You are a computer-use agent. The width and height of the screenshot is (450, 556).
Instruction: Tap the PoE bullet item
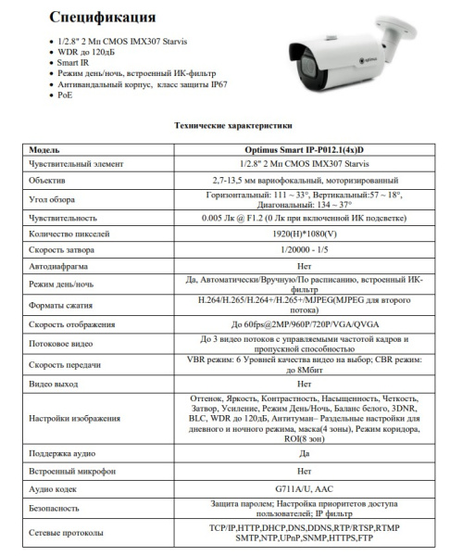(65, 95)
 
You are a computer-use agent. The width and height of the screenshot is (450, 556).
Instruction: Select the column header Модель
(45, 148)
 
